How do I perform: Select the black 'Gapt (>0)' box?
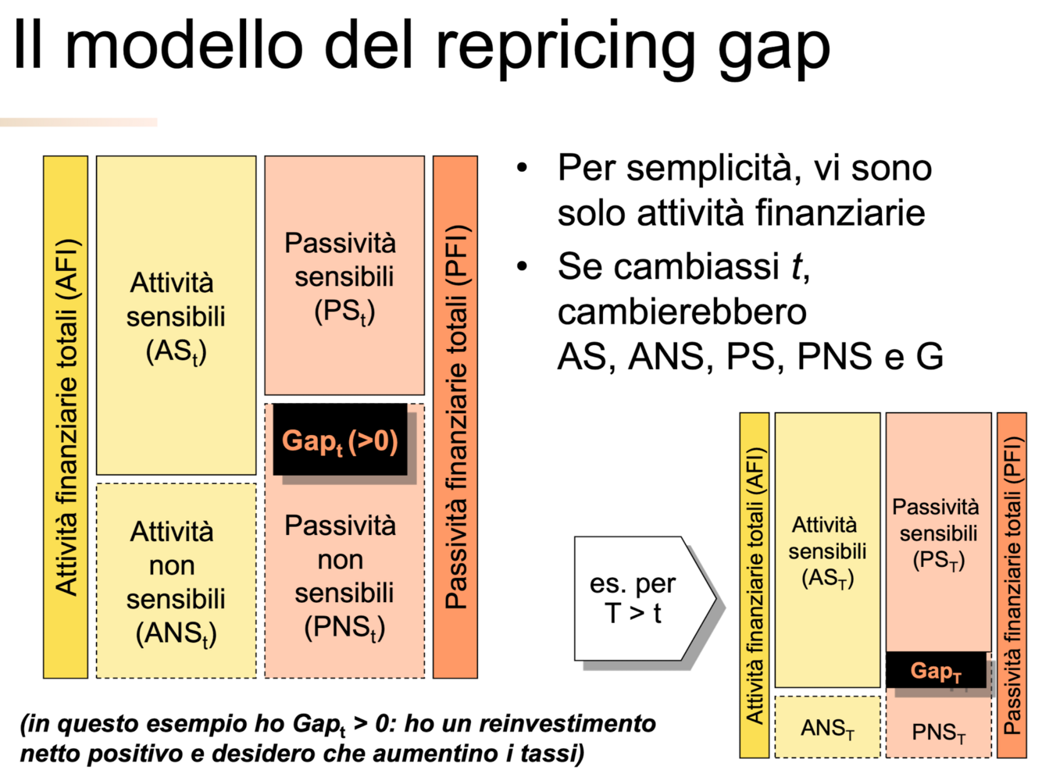(340, 440)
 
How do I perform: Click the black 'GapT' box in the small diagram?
(936, 671)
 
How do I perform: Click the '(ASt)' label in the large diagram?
(176, 351)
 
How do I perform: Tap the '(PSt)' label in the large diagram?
(344, 312)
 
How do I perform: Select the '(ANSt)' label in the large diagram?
(176, 633)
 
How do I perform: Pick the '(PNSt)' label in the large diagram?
(344, 627)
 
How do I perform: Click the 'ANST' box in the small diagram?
(827, 728)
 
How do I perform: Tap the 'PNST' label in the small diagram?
(938, 732)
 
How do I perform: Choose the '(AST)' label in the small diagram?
(827, 578)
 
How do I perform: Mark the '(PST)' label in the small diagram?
(938, 560)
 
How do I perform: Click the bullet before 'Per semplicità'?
(523, 169)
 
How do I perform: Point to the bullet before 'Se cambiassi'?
(523, 267)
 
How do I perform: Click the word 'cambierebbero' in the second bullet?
(681, 312)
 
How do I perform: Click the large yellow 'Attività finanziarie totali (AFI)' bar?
(66, 417)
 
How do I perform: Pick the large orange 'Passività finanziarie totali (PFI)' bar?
(455, 417)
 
